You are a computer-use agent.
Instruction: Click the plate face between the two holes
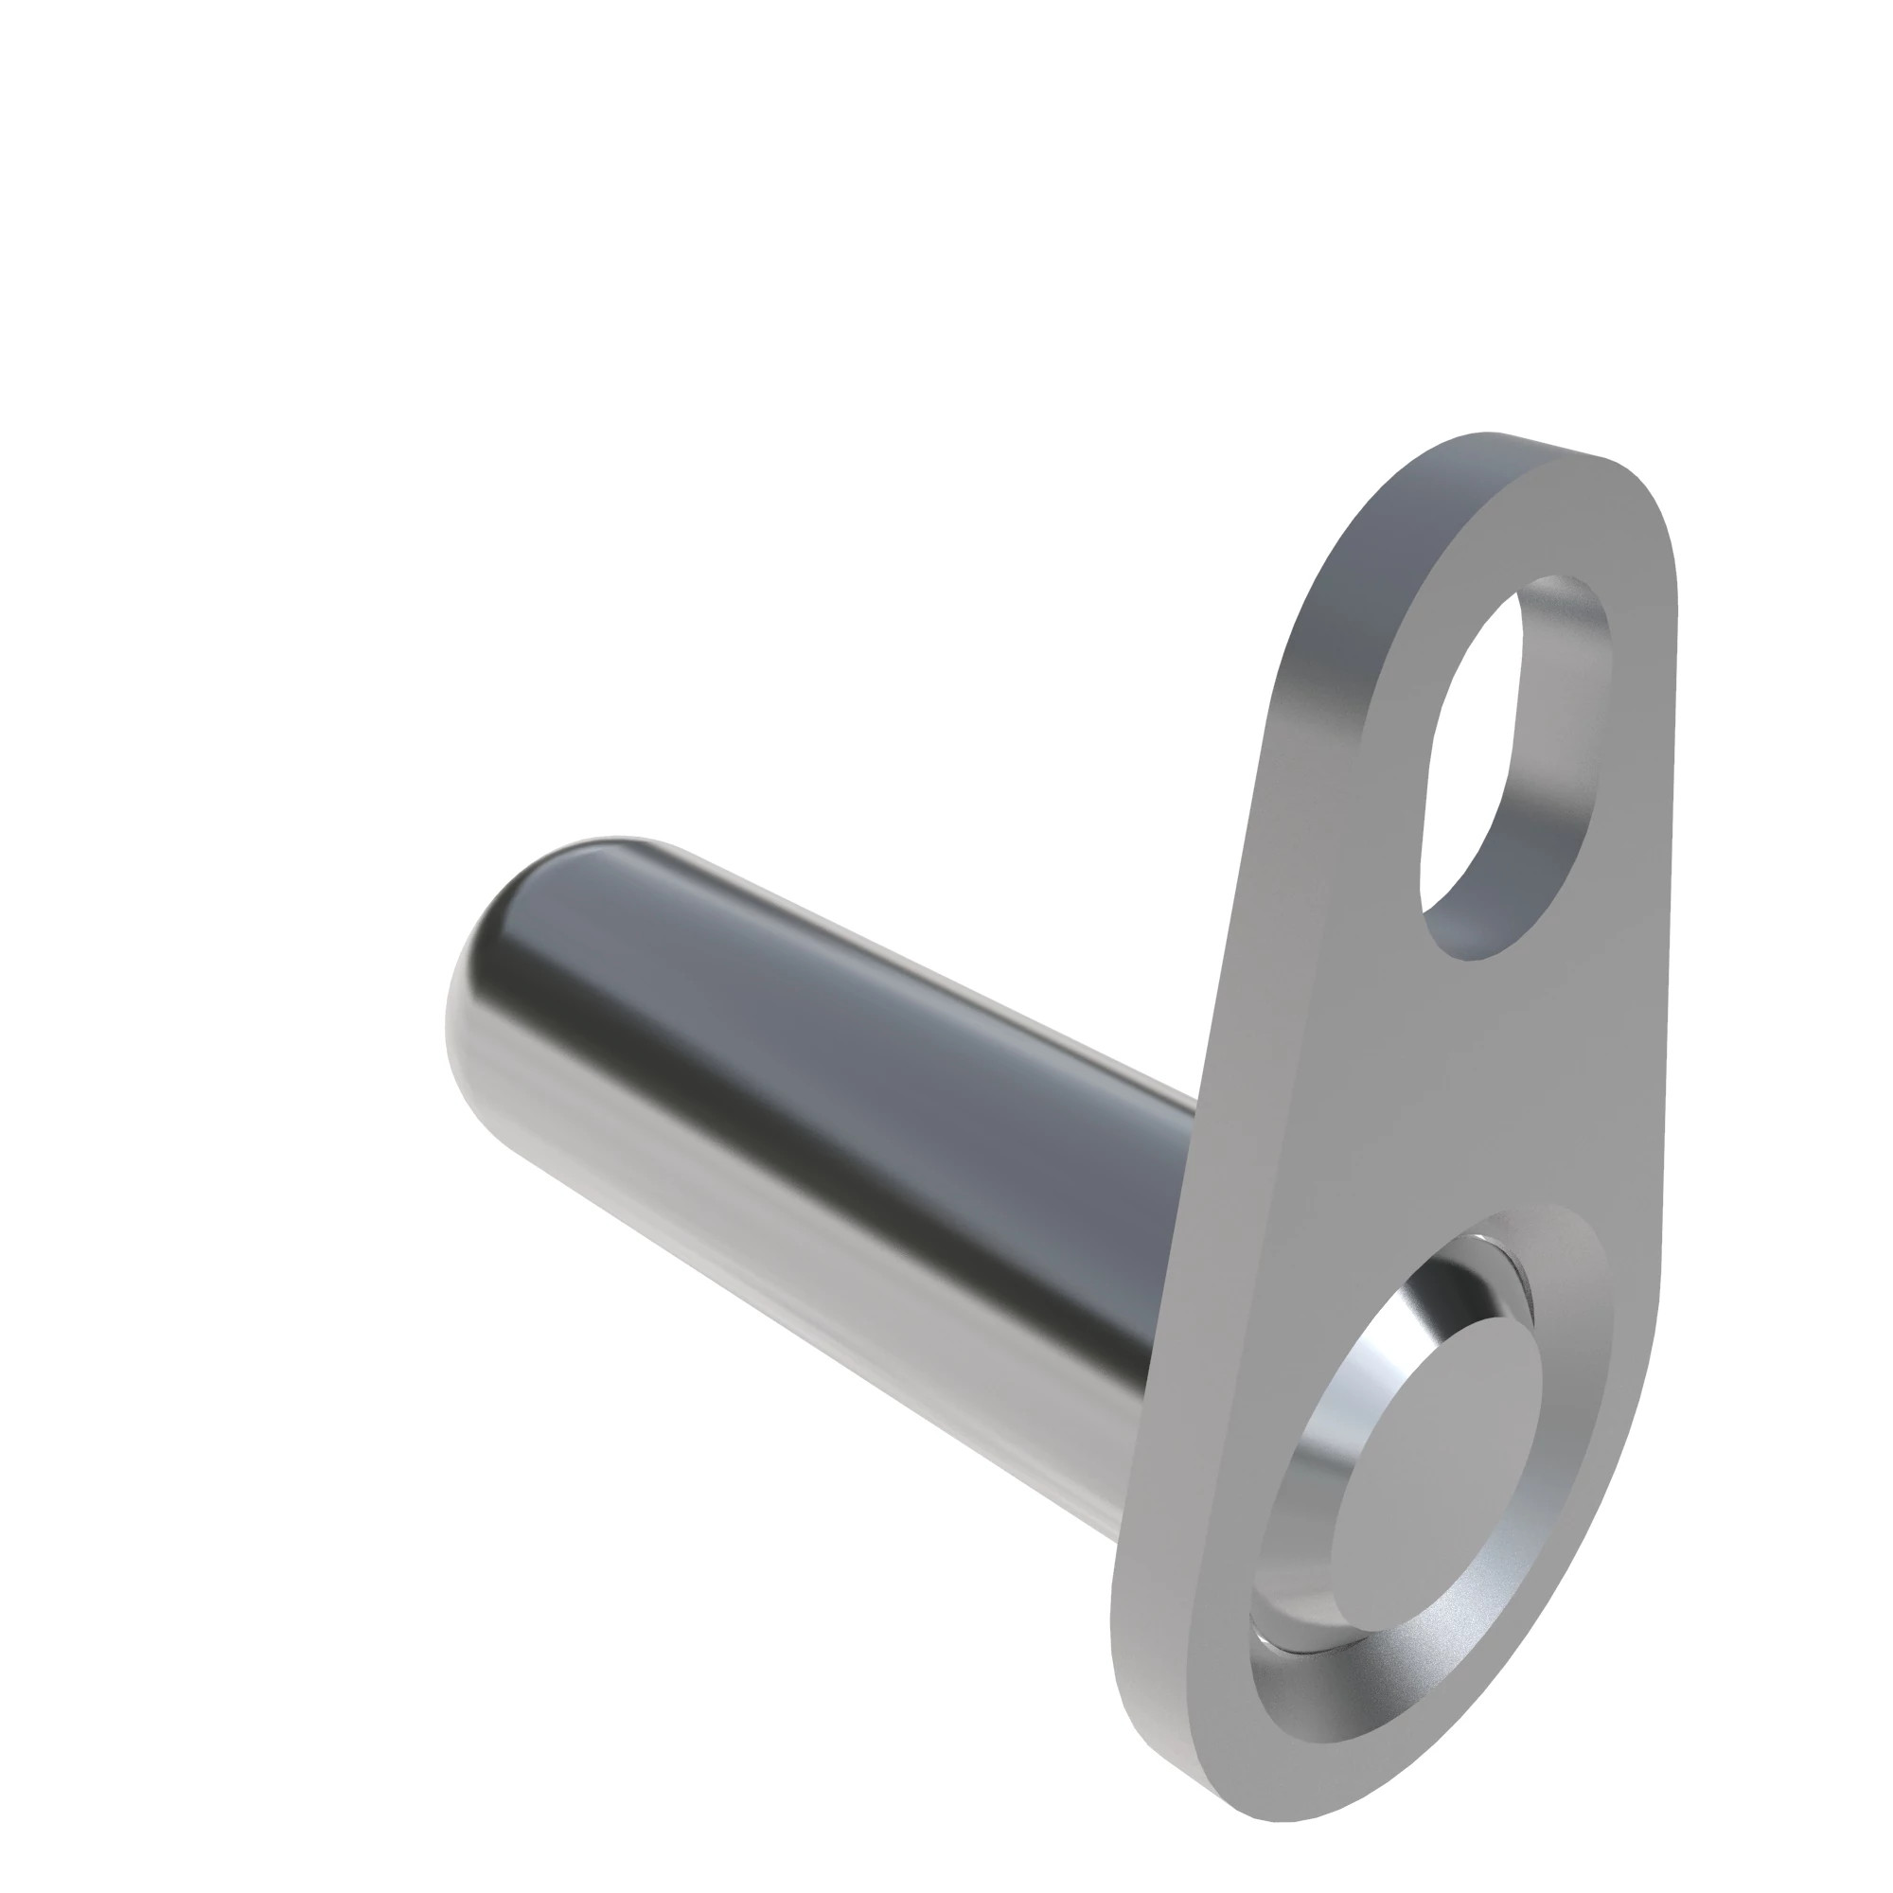[x=1421, y=1078]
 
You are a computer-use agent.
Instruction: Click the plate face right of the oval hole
[x=1636, y=784]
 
